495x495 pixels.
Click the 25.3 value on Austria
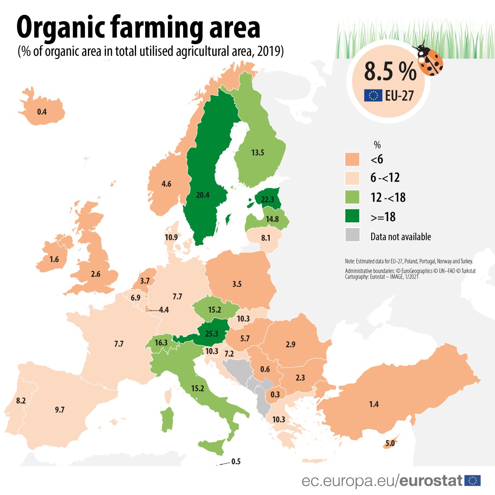point(212,333)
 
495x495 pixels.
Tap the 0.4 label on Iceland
point(42,112)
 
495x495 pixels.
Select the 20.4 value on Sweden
point(203,195)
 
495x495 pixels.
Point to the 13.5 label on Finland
point(257,153)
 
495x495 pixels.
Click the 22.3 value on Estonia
point(267,199)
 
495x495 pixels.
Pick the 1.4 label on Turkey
point(374,404)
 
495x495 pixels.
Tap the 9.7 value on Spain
point(60,410)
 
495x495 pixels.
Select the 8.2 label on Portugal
point(21,401)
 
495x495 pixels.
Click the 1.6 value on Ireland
point(54,259)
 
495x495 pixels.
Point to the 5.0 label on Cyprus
point(390,443)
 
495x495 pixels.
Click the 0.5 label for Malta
point(236,462)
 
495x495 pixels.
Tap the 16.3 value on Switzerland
point(161,343)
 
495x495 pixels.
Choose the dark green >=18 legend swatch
point(352,216)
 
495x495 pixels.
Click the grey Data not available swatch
point(352,235)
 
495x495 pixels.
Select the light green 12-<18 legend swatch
point(352,197)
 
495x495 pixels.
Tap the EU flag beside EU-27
point(373,96)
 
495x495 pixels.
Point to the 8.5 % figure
point(390,71)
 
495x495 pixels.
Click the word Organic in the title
point(61,27)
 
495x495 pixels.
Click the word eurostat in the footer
point(431,481)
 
